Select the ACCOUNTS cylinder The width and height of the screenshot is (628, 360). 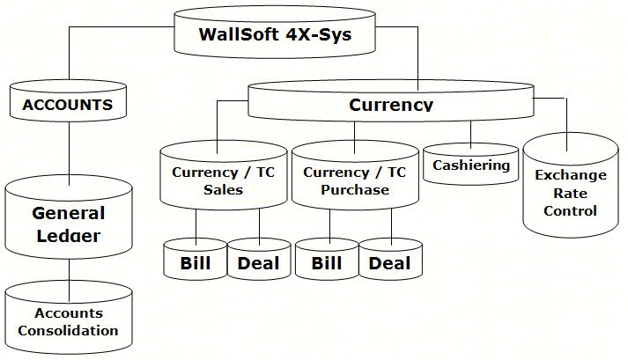(x=68, y=105)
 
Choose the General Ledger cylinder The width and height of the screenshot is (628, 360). (x=68, y=224)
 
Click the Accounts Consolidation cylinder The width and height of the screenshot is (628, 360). (x=68, y=322)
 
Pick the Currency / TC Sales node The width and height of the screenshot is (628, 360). (x=223, y=180)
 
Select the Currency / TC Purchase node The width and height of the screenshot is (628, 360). (x=354, y=180)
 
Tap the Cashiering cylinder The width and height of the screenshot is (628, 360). (x=471, y=165)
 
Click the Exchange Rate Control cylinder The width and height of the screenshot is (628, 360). (x=571, y=193)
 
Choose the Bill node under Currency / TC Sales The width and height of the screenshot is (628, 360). (x=196, y=262)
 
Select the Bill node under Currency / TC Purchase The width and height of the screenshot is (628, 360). (x=326, y=262)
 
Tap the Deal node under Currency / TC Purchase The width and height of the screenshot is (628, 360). (x=390, y=262)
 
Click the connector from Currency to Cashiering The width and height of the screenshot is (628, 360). (x=471, y=132)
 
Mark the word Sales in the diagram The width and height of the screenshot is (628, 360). (x=223, y=189)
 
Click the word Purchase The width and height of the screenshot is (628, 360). (x=355, y=189)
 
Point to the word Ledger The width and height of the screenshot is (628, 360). (x=69, y=237)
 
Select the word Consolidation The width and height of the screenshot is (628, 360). (x=68, y=331)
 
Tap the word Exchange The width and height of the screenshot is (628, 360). (x=571, y=175)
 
